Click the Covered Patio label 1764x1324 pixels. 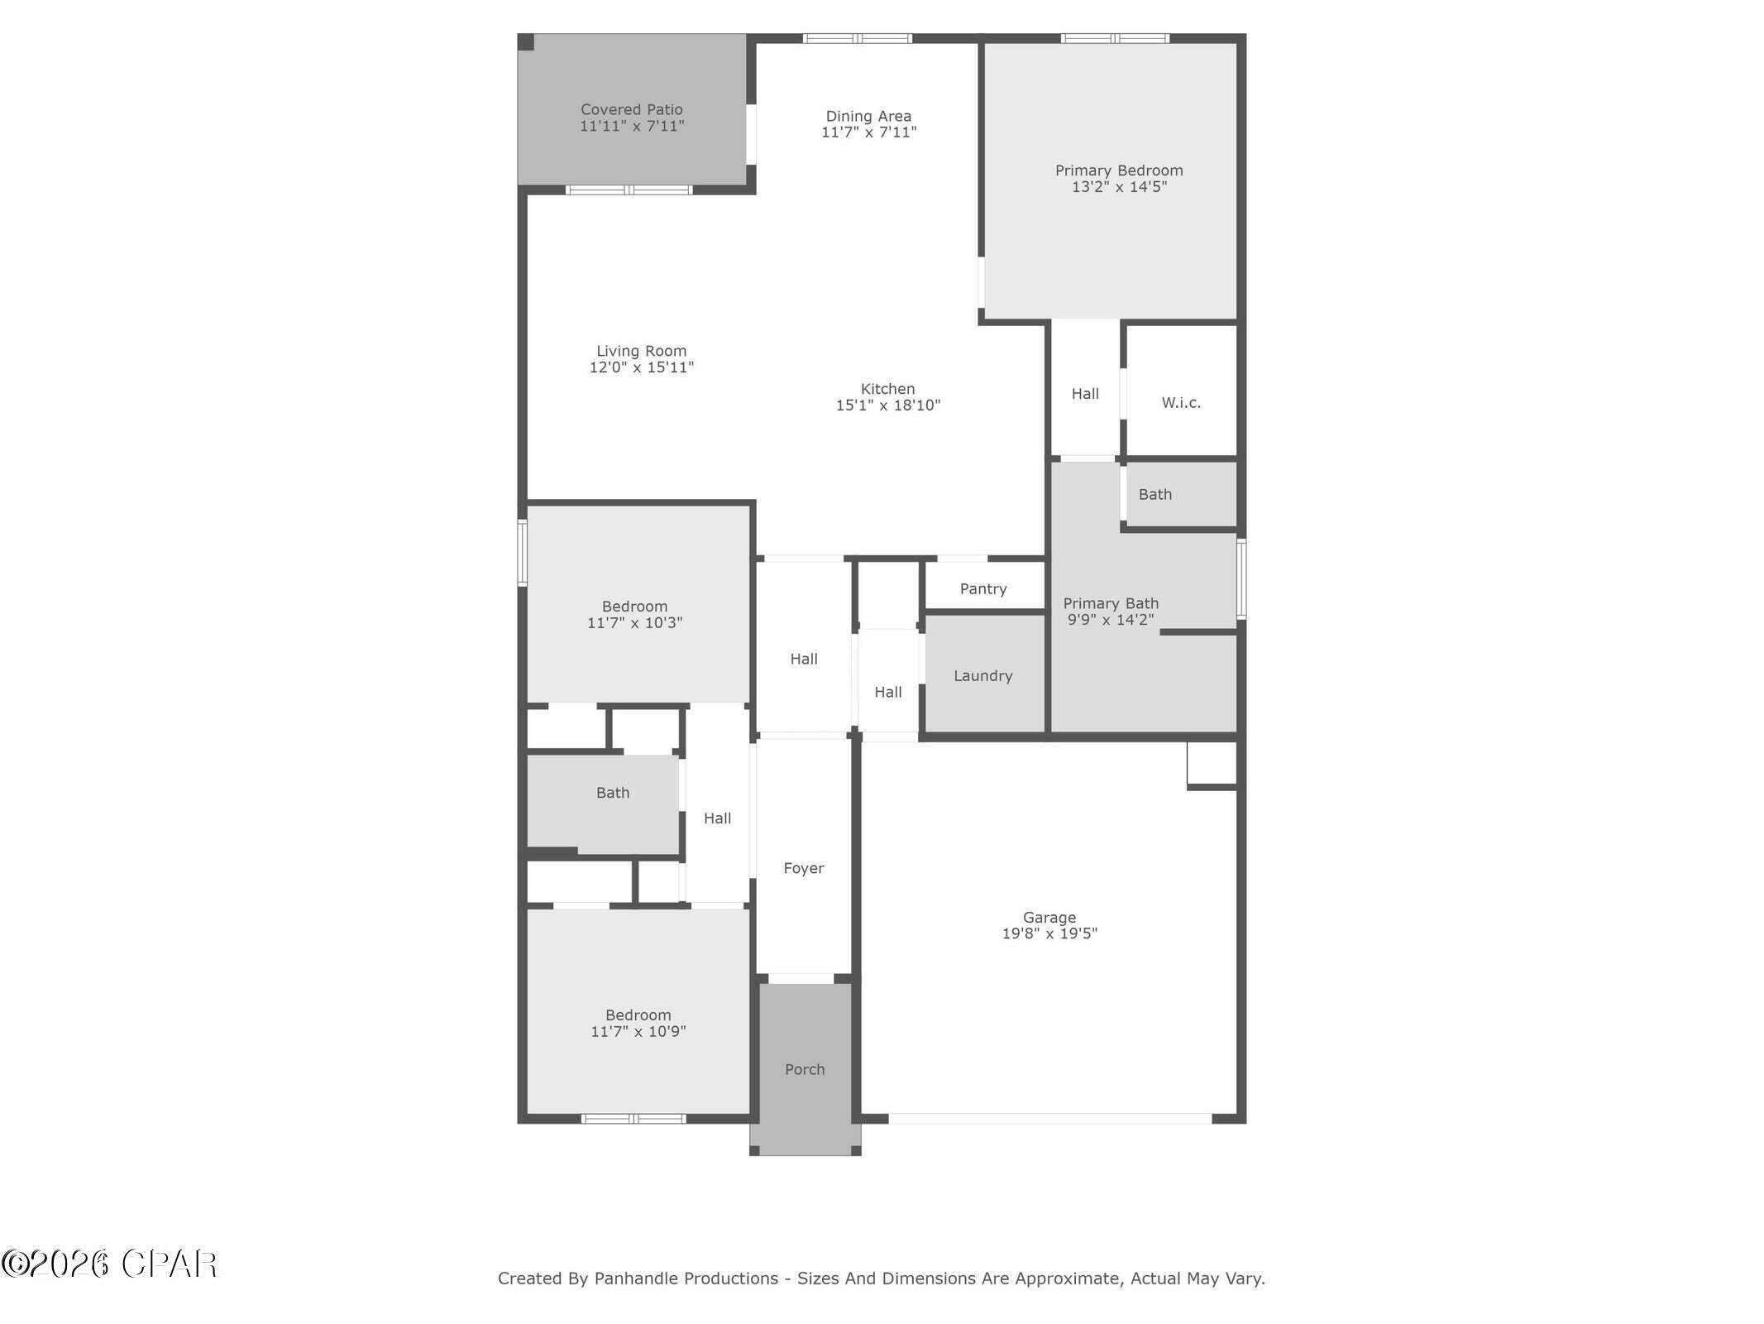[x=631, y=109]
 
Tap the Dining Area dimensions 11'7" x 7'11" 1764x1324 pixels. [x=868, y=132]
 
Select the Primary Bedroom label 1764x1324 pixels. [x=1118, y=170]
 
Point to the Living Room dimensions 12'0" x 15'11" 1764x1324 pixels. [x=641, y=367]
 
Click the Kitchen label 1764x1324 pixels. [x=887, y=389]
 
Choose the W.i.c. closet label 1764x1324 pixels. [x=1180, y=403]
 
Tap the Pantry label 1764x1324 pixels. [x=982, y=589]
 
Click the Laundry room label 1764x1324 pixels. [x=982, y=676]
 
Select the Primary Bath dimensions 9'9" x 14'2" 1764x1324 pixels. [x=1110, y=620]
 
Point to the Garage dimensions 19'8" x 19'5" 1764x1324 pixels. [x=1049, y=933]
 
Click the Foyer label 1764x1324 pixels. [x=803, y=868]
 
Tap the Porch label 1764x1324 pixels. [x=804, y=1069]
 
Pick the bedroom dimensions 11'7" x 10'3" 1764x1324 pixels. [x=634, y=623]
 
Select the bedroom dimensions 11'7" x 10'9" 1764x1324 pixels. [x=638, y=1032]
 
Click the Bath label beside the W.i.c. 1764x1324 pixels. [x=1154, y=495]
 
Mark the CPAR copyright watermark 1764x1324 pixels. [x=109, y=1264]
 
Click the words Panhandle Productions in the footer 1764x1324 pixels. [x=686, y=1278]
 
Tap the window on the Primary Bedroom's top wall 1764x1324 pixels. [x=1114, y=38]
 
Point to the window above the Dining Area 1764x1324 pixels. [x=857, y=38]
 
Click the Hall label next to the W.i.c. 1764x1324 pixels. [x=1084, y=394]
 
